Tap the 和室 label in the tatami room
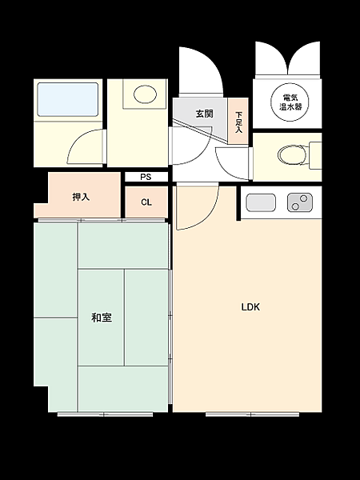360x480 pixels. point(101,318)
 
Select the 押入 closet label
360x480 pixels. point(81,197)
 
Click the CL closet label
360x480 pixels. point(146,202)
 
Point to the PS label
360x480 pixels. point(146,177)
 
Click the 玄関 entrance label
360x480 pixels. point(204,114)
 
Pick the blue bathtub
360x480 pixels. point(68,98)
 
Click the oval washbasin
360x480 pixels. point(145,94)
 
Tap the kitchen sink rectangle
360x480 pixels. point(261,203)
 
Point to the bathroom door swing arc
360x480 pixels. point(85,146)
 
